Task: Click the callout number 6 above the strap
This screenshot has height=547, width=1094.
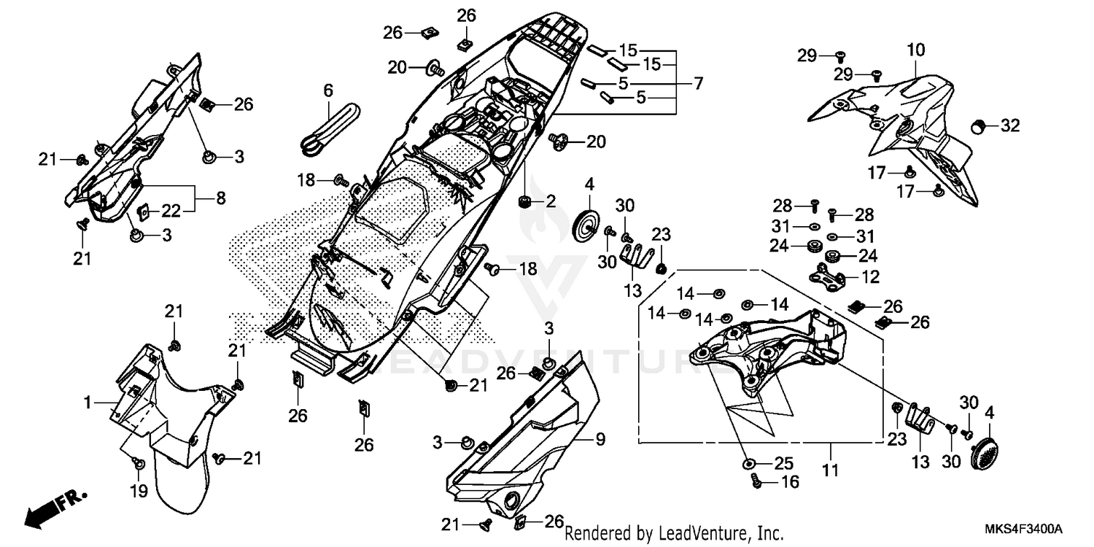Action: pos(327,91)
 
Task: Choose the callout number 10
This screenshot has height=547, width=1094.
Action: pos(916,50)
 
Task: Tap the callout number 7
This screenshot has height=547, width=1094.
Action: pos(698,83)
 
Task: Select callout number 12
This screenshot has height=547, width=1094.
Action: pos(870,277)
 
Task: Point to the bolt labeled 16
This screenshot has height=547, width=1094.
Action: pos(756,481)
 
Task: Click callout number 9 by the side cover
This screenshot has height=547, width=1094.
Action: pos(600,439)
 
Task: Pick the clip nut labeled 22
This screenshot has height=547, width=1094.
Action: pos(144,212)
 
